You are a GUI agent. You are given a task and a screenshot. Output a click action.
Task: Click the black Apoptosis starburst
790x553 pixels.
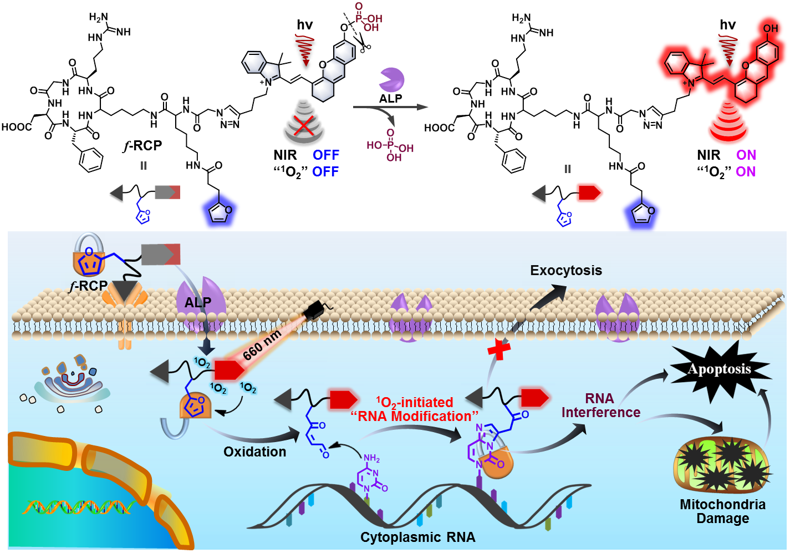point(720,370)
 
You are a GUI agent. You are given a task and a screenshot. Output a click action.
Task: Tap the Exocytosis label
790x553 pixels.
point(565,271)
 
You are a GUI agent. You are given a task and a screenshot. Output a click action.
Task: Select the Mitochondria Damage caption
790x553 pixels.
point(722,511)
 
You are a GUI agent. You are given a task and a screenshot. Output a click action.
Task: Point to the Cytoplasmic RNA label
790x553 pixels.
point(417,537)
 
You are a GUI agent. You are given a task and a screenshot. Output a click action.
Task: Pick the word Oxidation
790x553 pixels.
point(254,452)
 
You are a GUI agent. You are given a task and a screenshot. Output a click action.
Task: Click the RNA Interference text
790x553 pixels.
point(600,405)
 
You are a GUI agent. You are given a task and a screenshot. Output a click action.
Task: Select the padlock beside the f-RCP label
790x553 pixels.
point(89,256)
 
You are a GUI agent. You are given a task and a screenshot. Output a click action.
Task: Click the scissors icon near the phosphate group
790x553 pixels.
point(363,44)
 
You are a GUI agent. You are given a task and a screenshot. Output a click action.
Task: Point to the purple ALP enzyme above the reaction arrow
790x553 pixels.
point(391,80)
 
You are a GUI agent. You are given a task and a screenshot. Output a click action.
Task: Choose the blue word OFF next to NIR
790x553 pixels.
point(325,155)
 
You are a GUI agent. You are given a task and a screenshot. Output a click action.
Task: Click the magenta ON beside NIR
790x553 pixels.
point(746,155)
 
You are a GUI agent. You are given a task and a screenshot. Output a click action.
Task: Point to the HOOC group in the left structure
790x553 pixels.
point(17,128)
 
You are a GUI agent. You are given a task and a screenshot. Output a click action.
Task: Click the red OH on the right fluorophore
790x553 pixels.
point(770,28)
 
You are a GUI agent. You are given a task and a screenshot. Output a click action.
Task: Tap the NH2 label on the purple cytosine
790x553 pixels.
point(371,459)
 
